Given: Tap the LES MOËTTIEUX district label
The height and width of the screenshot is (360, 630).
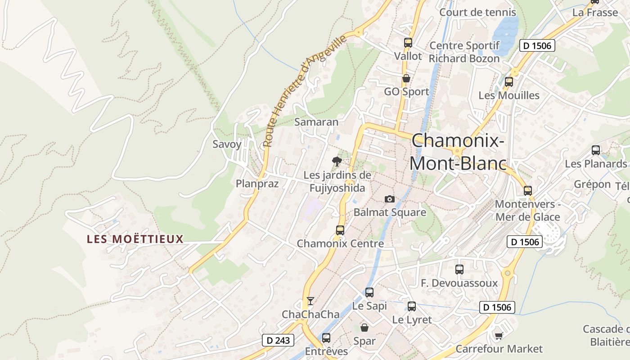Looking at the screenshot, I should [135, 239].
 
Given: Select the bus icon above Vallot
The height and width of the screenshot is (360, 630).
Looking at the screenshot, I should [408, 43].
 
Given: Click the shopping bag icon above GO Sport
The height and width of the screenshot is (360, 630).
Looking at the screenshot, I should [406, 78].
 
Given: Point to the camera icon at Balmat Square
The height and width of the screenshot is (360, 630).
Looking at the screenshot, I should [390, 199].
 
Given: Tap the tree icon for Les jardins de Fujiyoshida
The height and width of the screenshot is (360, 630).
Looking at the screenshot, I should [337, 161].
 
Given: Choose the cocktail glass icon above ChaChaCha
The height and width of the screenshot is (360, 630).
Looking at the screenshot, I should [310, 301].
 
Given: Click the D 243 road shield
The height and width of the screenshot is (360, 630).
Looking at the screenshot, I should [278, 340].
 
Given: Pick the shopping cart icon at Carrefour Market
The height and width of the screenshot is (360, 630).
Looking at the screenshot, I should [499, 336].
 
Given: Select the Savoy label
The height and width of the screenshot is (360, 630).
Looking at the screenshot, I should [227, 144].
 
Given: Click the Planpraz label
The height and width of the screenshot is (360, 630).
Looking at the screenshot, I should [257, 184].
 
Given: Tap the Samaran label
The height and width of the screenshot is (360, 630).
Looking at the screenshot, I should [316, 122].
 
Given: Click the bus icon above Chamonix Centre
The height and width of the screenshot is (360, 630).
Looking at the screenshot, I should [340, 230].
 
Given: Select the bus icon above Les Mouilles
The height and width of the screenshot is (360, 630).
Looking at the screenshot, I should [509, 82].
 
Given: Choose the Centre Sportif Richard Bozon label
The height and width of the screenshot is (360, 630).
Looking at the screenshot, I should [464, 52].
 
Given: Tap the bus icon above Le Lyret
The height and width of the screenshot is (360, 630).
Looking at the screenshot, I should [412, 306].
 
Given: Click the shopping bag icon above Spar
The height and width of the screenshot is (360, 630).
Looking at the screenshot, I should [364, 327].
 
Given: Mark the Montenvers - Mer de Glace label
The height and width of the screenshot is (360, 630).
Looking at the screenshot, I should [527, 211].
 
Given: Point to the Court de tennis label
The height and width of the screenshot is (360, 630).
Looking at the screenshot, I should [471, 12].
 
